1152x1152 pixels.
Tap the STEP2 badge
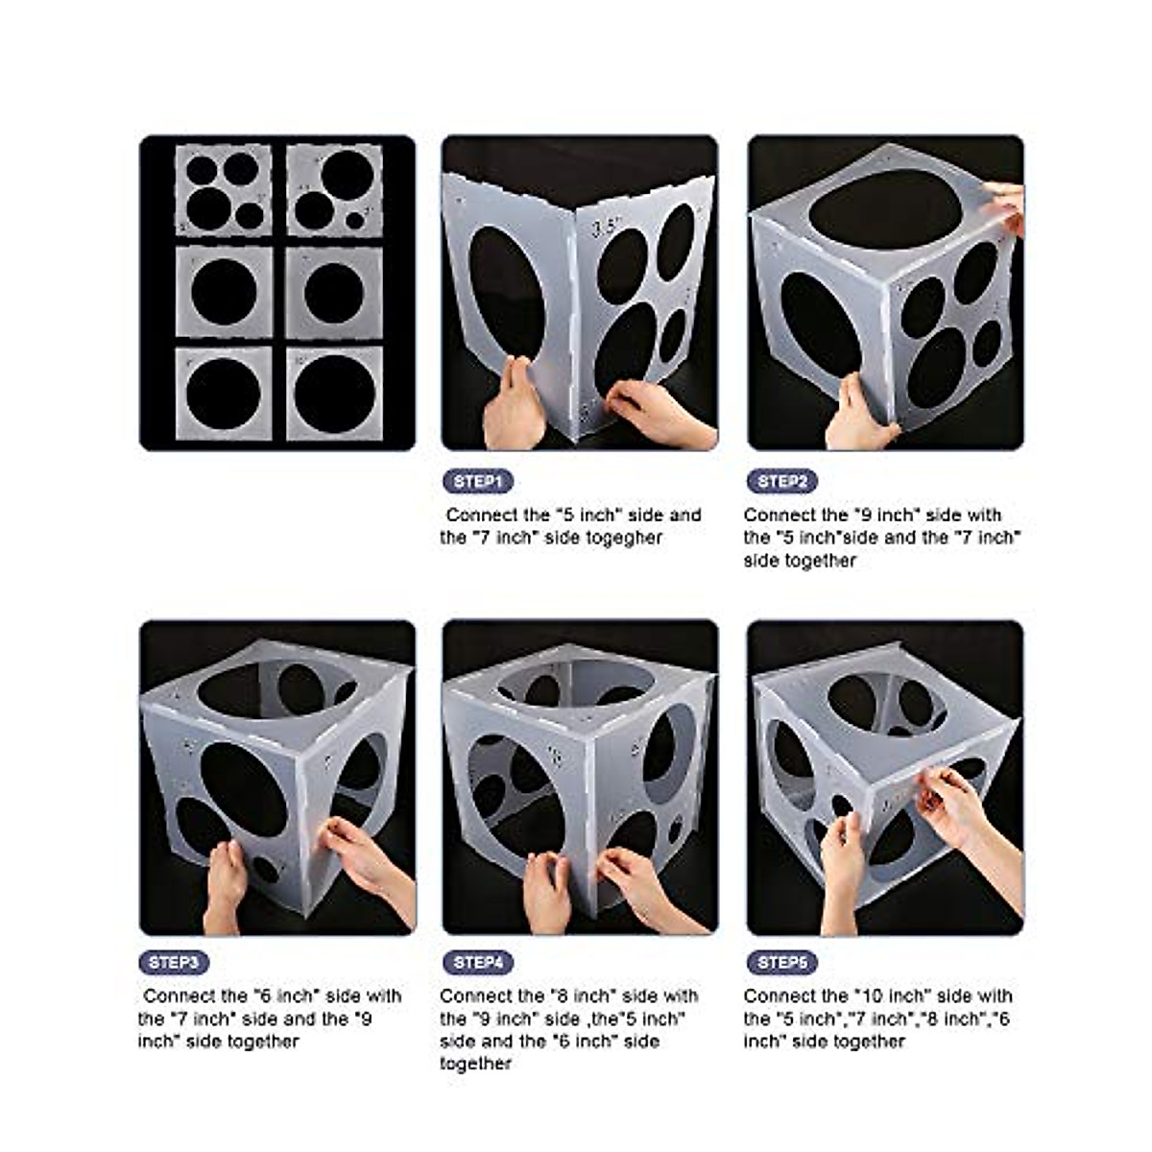click(x=781, y=481)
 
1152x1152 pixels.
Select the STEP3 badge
click(x=174, y=962)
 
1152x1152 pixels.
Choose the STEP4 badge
click(x=477, y=962)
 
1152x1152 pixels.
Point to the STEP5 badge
click(x=781, y=962)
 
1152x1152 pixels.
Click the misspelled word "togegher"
click(x=625, y=538)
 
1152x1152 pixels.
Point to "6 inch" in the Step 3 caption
click(x=286, y=996)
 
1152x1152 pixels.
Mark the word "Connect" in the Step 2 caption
click(x=780, y=515)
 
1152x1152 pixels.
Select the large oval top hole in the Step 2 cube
click(x=884, y=209)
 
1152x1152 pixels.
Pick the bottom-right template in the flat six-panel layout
click(x=334, y=394)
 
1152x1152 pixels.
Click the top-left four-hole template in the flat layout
click(x=223, y=190)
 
